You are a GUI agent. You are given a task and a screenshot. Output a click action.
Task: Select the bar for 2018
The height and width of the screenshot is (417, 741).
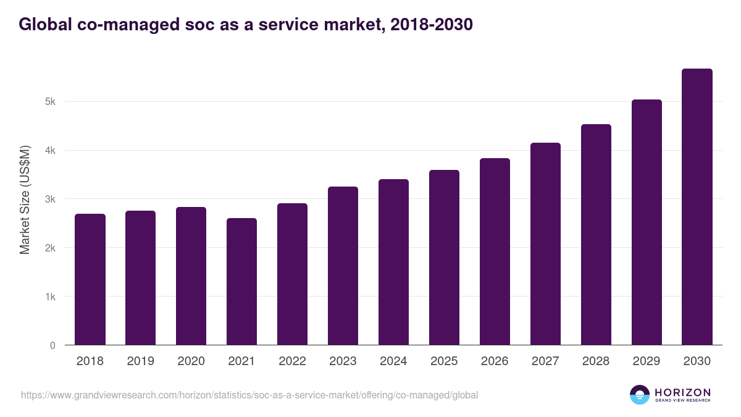coord(90,279)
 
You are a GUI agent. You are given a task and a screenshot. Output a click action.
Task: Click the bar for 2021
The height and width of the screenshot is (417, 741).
coord(241,282)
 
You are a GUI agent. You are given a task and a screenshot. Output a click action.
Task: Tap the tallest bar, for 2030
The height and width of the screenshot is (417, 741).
coord(697,207)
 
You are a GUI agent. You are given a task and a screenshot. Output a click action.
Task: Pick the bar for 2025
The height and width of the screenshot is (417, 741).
coord(444,258)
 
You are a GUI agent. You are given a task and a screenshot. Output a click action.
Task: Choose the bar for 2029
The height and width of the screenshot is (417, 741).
coord(647,222)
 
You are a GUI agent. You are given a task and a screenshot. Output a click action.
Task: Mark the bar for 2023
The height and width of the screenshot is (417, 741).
coord(343,266)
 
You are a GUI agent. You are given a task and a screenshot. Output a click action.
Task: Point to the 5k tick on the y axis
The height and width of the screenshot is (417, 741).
coord(51,102)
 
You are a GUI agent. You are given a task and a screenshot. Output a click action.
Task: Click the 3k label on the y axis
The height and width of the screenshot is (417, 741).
coord(51,200)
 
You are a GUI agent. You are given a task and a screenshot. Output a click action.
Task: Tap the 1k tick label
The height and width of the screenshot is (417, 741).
coord(51,297)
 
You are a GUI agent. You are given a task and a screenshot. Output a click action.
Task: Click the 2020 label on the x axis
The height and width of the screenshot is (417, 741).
coord(191,361)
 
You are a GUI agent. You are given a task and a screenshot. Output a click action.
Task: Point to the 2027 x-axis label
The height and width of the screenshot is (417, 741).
coord(545,361)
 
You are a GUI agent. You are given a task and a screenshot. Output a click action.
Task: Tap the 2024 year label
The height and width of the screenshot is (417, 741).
coord(393,361)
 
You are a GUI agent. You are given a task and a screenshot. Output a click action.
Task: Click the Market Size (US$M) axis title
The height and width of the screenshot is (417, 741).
coord(25,200)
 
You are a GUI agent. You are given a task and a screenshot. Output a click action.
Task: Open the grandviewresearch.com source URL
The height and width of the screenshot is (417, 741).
coord(249,395)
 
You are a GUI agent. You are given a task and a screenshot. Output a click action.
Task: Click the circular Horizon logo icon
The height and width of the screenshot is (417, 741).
coord(640,395)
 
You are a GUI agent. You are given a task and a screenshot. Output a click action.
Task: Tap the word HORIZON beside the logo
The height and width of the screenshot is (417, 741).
coord(682,392)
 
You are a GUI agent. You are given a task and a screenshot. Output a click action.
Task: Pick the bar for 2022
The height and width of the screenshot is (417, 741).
coord(292,274)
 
